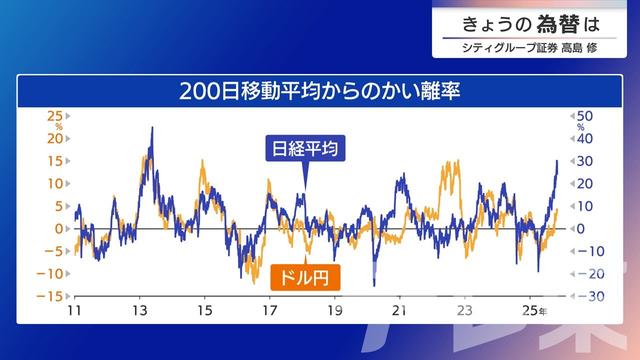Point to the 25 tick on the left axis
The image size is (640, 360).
point(55,115)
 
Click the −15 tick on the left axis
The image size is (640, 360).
point(52,296)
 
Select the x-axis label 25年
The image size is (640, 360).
point(536,311)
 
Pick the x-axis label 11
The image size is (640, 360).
point(76,311)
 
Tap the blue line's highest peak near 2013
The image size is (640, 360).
point(151,128)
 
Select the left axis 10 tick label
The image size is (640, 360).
point(55,183)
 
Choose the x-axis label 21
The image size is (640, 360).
point(400,311)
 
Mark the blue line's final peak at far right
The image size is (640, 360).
point(557,160)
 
